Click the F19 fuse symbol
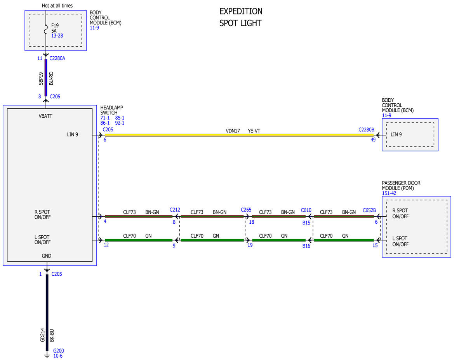tap(46, 30)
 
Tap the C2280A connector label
tap(57, 58)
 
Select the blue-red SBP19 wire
tap(46, 78)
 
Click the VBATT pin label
tap(45, 116)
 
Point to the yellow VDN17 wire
tap(239, 135)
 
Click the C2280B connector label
tap(366, 130)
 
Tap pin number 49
tap(373, 139)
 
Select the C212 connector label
tap(175, 210)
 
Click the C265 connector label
tap(246, 210)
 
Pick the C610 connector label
tap(306, 210)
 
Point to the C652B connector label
tap(369, 210)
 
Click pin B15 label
tap(306, 223)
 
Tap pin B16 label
tap(306, 246)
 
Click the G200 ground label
tap(59, 351)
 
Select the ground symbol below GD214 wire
tap(47, 355)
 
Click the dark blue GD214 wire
tap(47, 312)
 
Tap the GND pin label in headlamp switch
tap(47, 256)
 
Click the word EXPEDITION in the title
tap(241, 11)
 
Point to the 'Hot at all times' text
tap(57, 5)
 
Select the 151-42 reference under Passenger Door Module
tap(389, 193)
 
